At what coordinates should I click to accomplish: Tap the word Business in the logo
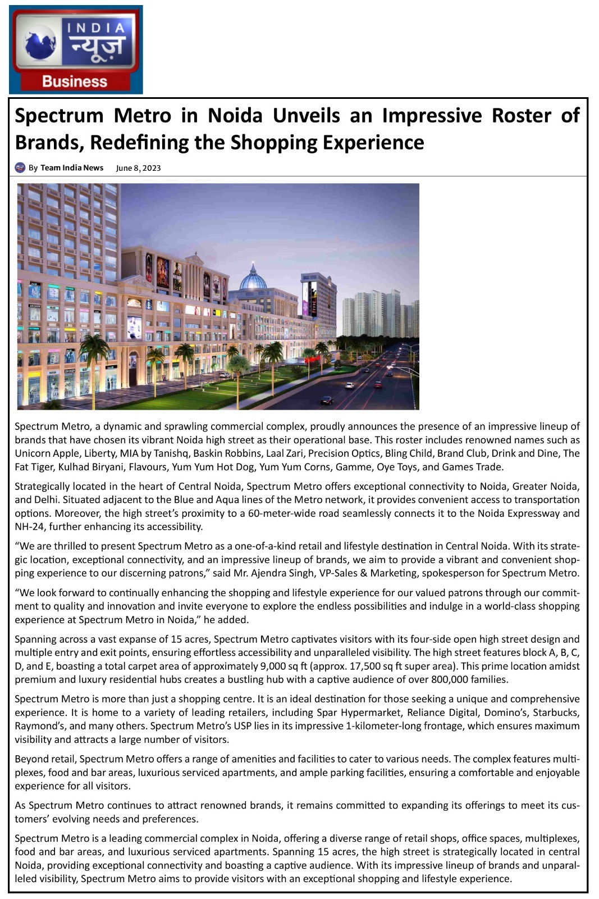[75, 81]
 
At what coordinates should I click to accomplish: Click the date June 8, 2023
[138, 168]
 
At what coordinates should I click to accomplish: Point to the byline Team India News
[72, 167]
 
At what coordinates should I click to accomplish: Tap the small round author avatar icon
[20, 167]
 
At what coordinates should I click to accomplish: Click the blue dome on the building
[253, 278]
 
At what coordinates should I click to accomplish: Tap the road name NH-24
[30, 526]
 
